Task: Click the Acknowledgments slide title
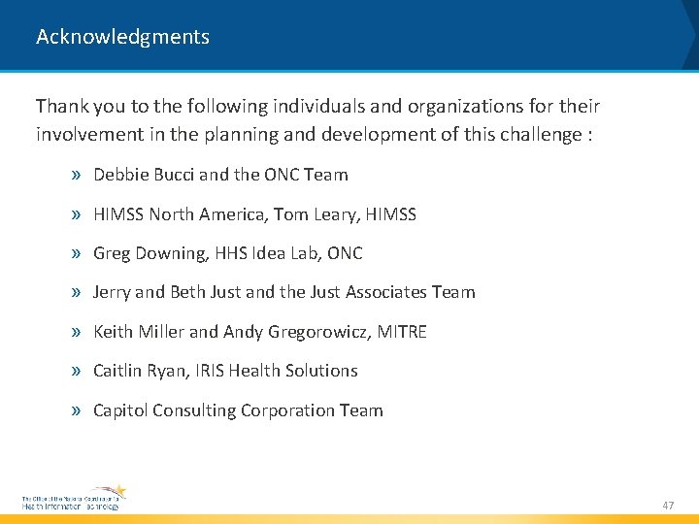(122, 37)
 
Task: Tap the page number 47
(668, 506)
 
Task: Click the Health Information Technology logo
(74, 499)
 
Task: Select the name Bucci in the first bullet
(173, 175)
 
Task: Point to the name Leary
(335, 214)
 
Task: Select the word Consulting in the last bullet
(195, 410)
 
